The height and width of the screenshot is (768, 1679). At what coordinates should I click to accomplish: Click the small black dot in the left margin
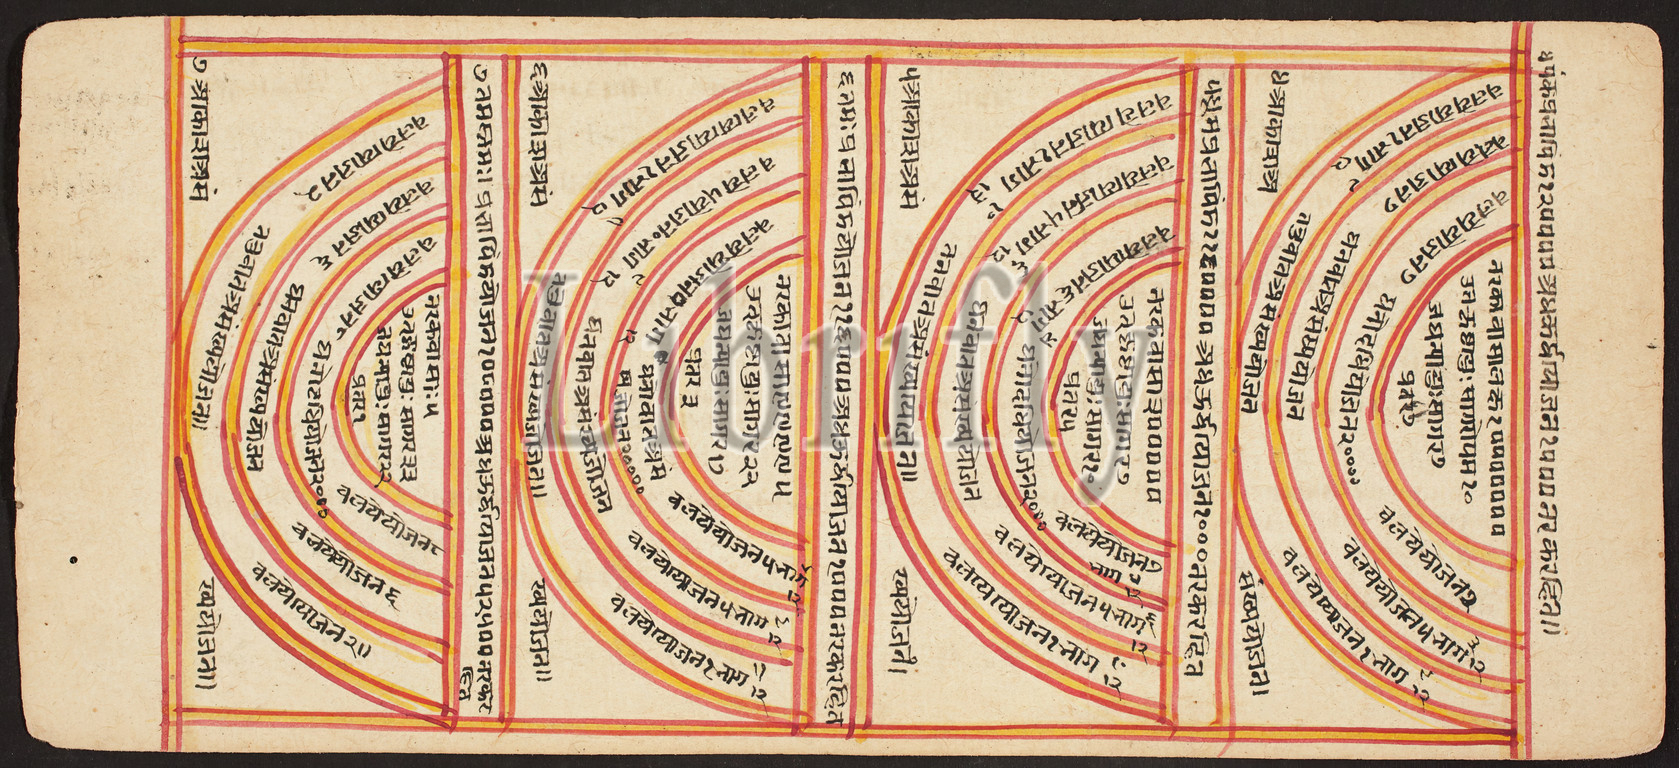tap(74, 560)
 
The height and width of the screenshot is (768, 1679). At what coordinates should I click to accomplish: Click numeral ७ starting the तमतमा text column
tap(481, 70)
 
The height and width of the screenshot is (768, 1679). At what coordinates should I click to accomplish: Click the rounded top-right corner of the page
tap(1655, 40)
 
